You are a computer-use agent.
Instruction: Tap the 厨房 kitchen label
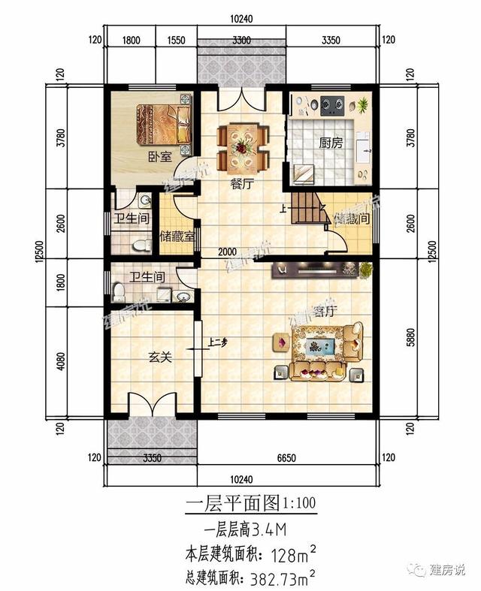(330, 143)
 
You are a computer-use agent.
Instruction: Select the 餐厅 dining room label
(240, 186)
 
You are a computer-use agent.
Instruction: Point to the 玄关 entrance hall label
(159, 359)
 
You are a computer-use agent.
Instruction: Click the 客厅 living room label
(324, 312)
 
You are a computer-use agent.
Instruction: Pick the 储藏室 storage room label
(178, 235)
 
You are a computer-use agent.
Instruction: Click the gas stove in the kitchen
(333, 104)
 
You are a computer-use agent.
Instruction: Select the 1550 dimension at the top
(177, 41)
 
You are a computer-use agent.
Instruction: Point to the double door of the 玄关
(154, 406)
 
